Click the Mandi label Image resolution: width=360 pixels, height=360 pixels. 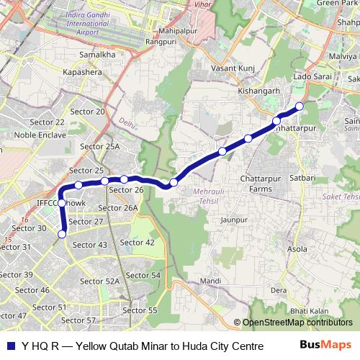(210, 281)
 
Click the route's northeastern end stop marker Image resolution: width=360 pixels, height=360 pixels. (300, 107)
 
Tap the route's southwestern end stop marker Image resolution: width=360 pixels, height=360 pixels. (62, 233)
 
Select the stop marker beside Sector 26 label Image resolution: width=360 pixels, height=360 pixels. (124, 179)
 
